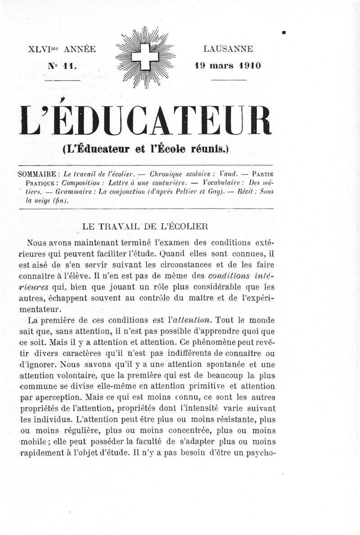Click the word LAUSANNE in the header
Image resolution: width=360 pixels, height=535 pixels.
click(x=228, y=49)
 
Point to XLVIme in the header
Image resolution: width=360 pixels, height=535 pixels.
click(x=44, y=49)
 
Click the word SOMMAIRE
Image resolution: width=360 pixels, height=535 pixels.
click(x=36, y=174)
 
